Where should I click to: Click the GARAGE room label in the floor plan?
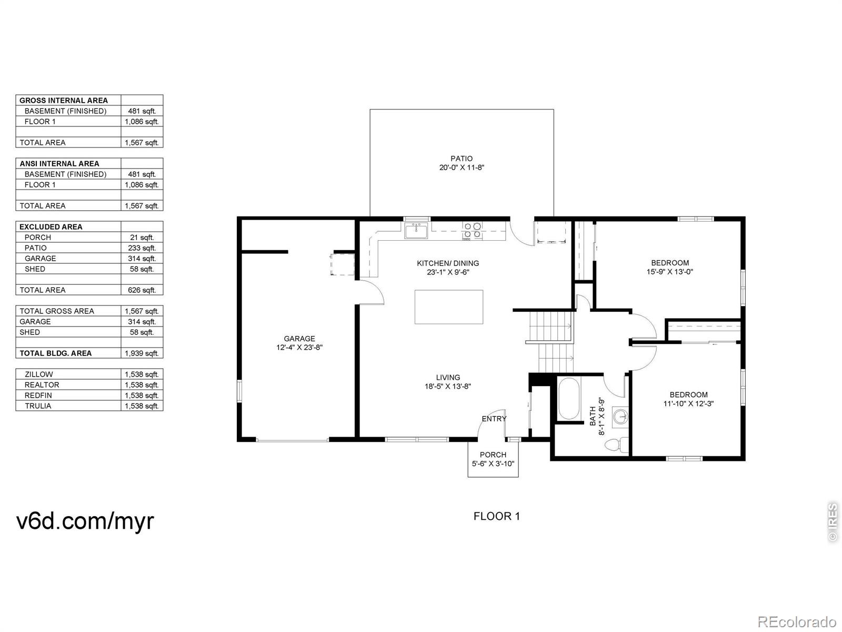pos(299,339)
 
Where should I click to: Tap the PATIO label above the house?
pos(462,159)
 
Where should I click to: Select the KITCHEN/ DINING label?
pos(448,263)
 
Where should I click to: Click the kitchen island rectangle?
pos(449,307)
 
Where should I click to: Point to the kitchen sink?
pos(416,231)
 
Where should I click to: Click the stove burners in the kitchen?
pos(472,230)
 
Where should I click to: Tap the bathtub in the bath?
pos(569,399)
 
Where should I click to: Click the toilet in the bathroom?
pos(616,445)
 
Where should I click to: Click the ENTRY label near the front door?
pos(494,419)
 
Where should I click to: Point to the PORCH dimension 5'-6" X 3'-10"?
pos(493,463)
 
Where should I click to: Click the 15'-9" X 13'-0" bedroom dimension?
pos(670,272)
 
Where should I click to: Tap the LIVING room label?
pos(448,377)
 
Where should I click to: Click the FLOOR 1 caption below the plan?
pos(497,516)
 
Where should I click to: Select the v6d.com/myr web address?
pos(85,521)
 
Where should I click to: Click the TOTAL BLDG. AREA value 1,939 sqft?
pos(142,353)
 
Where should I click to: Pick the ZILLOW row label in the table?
pos(39,374)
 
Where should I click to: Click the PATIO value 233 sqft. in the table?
pos(142,248)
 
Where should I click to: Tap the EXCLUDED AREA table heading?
pos(51,227)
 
